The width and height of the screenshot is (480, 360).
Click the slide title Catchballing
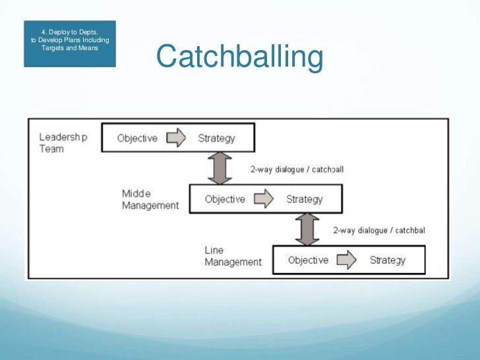pos(239,57)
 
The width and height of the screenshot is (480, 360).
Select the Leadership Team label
pos(63,143)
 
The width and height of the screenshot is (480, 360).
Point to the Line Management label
pos(233,256)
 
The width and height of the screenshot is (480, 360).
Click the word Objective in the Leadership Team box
pos(137,138)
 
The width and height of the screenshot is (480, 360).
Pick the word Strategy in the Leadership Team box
pos(216,138)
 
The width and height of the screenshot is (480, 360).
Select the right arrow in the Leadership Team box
pos(177,138)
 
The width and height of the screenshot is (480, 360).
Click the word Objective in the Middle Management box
pos(225,199)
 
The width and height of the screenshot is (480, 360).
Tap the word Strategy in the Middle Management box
pos(304,199)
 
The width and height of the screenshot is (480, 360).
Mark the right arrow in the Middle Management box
pos(264,199)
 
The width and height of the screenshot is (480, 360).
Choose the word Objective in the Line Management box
pos(308,260)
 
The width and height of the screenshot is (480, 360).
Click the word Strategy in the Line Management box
pos(387,260)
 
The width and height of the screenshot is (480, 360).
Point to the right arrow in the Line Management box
pos(347,260)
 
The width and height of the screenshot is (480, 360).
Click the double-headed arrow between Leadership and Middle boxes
pos(220,168)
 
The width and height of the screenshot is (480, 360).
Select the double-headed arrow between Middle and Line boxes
pos(304,229)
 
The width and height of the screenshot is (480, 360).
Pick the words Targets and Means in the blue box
pos(70,48)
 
